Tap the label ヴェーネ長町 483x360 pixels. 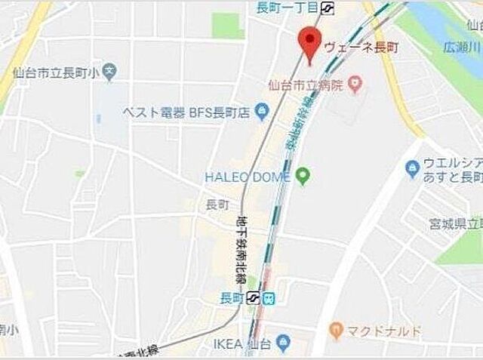[361, 47]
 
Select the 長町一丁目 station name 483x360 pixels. [287, 8]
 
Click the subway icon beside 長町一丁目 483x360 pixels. [328, 8]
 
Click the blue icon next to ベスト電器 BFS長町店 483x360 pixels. [261, 113]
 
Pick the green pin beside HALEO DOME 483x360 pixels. [303, 177]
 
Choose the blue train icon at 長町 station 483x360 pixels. [269, 298]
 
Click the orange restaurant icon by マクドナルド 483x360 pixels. [336, 330]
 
